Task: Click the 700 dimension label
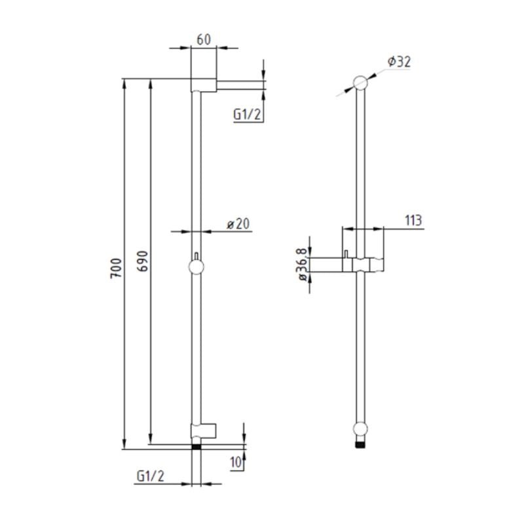[x=116, y=269]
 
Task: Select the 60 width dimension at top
[x=203, y=39]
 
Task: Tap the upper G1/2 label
[x=248, y=115]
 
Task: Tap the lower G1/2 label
[x=150, y=476]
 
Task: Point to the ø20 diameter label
[x=239, y=223]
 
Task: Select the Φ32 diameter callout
[x=398, y=62]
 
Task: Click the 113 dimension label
[x=413, y=220]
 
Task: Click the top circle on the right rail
[x=360, y=83]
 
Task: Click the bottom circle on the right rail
[x=360, y=430]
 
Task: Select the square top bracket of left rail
[x=202, y=84]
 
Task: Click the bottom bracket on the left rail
[x=202, y=430]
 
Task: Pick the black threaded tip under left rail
[x=196, y=447]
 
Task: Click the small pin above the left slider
[x=196, y=255]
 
